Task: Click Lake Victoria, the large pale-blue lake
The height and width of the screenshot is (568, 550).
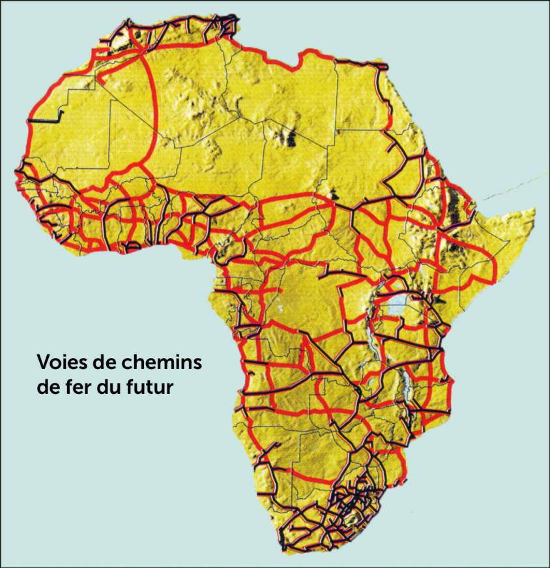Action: pyautogui.click(x=399, y=305)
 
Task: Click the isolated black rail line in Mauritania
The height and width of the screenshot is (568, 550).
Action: pyautogui.click(x=46, y=119)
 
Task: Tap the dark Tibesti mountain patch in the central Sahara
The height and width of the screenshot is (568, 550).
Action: pyautogui.click(x=287, y=138)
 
